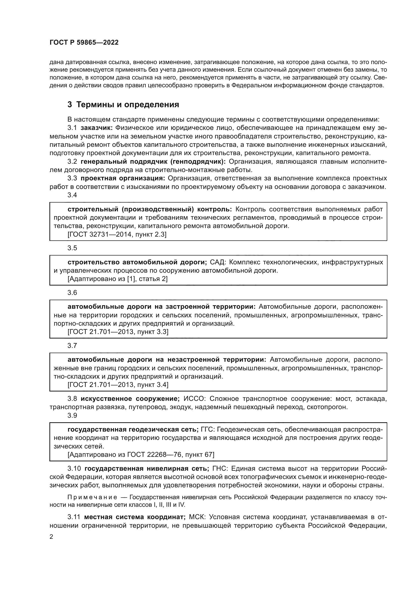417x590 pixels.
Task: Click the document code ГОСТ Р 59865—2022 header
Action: pos(84,43)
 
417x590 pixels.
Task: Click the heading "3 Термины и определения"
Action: pos(123,105)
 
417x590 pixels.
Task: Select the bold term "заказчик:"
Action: pos(96,128)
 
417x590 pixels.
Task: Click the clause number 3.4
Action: pos(72,195)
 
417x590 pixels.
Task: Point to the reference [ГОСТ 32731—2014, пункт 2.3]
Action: pos(117,234)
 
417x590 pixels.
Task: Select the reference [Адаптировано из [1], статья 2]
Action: pos(117,279)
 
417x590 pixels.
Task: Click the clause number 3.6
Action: pos(72,293)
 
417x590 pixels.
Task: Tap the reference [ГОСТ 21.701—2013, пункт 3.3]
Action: pos(118,332)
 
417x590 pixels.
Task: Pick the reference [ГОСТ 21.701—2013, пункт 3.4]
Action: pos(118,385)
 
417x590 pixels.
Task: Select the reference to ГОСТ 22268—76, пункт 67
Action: pos(141,455)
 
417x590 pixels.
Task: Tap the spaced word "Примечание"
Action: pos(92,497)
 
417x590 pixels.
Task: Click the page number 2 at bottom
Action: pos(51,537)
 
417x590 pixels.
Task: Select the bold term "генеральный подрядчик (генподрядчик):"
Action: pos(153,162)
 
